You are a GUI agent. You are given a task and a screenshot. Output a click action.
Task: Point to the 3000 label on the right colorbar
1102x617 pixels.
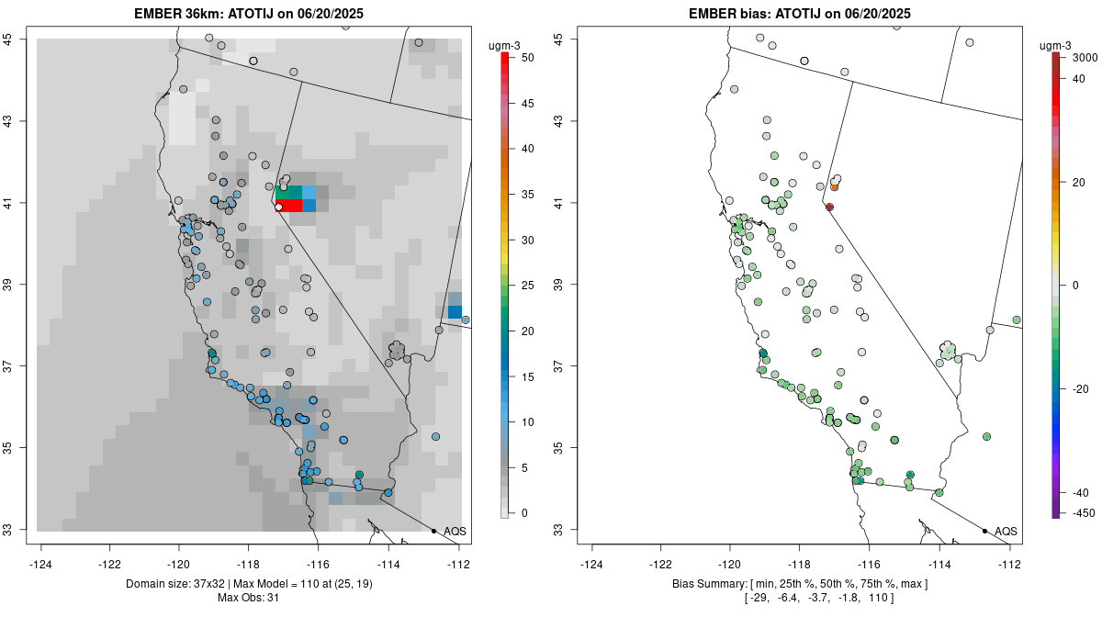1085,58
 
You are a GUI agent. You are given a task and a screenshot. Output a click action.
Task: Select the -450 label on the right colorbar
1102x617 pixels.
1084,512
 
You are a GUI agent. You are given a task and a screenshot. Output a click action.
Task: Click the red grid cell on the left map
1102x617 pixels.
289,206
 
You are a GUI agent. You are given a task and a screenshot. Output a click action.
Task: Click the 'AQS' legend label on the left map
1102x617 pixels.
455,531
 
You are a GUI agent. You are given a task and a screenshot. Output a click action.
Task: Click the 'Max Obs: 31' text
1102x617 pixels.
248,598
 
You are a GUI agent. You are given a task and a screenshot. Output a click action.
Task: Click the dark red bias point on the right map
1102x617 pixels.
829,208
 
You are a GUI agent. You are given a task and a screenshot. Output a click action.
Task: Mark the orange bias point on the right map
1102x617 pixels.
834,187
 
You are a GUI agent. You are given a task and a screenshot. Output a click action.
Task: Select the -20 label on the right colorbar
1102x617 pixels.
1081,388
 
